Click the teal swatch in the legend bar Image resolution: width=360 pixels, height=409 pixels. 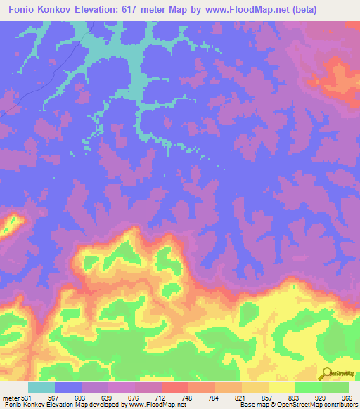[x=41, y=387]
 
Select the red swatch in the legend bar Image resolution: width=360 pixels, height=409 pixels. [x=175, y=387]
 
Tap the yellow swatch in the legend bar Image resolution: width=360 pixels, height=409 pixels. [x=282, y=387]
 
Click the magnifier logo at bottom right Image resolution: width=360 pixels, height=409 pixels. [x=328, y=373]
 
